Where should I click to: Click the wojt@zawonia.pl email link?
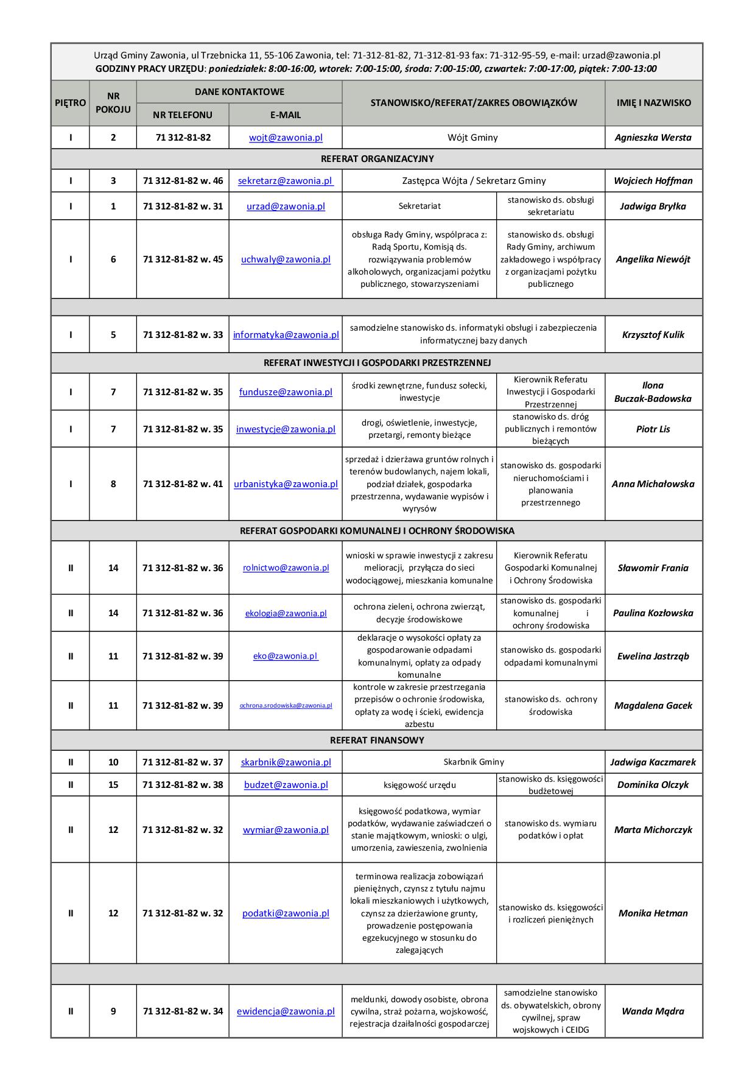pyautogui.click(x=286, y=138)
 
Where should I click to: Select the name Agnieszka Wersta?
pyautogui.click(x=653, y=138)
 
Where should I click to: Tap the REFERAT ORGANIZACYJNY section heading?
pyautogui.click(x=377, y=159)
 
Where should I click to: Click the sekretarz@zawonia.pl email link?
pyautogui.click(x=286, y=181)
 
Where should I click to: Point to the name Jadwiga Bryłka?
pyautogui.click(x=653, y=206)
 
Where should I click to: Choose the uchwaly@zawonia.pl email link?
pyautogui.click(x=286, y=259)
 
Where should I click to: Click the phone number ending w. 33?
pyautogui.click(x=183, y=335)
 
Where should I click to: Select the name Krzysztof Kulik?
pyautogui.click(x=653, y=335)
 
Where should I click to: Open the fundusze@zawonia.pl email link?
pyautogui.click(x=286, y=392)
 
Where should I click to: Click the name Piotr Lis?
pyautogui.click(x=653, y=429)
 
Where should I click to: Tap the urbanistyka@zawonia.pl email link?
pyautogui.click(x=286, y=484)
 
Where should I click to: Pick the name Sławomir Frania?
pyautogui.click(x=653, y=568)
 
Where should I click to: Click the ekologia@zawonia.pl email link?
pyautogui.click(x=286, y=613)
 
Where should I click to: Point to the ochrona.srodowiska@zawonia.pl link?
pyautogui.click(x=286, y=706)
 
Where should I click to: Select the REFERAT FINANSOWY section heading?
pyautogui.click(x=377, y=740)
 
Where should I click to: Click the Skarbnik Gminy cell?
pyautogui.click(x=474, y=762)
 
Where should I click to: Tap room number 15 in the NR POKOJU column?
pyautogui.click(x=113, y=785)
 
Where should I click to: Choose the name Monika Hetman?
pyautogui.click(x=653, y=913)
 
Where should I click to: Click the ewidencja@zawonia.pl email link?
pyautogui.click(x=286, y=1011)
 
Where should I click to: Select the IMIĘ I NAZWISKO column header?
pyautogui.click(x=653, y=103)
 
